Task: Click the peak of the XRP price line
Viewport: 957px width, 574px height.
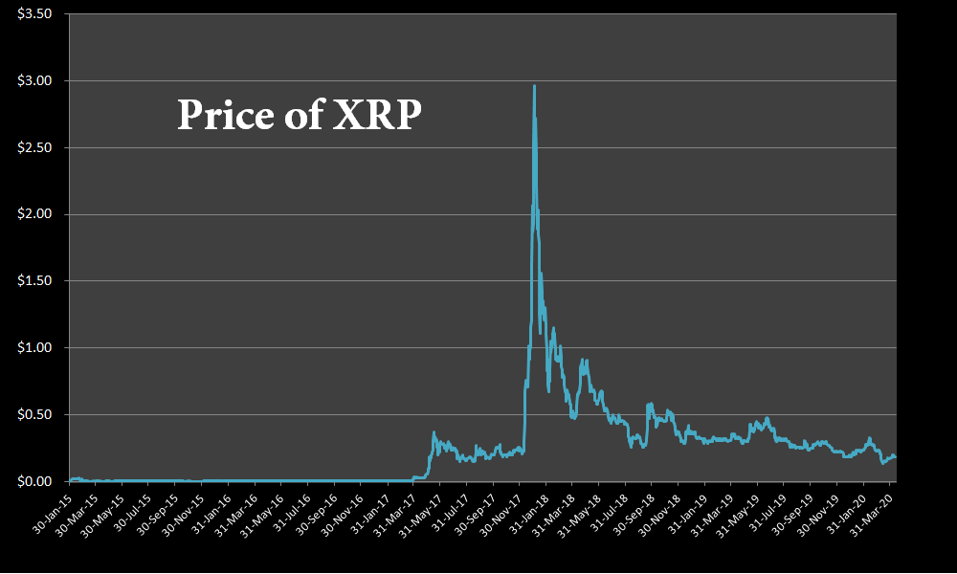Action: (x=534, y=87)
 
